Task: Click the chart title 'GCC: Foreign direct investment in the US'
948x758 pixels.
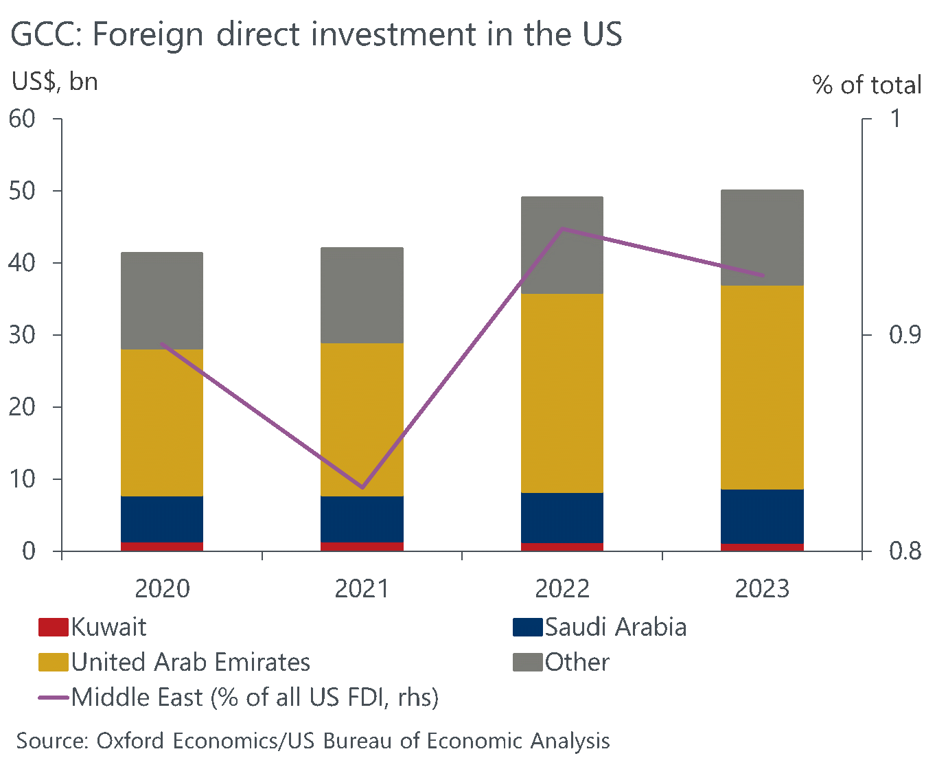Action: point(316,34)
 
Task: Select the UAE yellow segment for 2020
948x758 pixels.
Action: point(162,422)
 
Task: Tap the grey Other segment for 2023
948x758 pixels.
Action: point(762,238)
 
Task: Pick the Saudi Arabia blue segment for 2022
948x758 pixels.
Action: point(562,518)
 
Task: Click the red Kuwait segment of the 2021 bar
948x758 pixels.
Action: point(362,547)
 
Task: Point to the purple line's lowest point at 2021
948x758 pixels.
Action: point(362,487)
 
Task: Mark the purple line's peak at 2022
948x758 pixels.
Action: point(562,229)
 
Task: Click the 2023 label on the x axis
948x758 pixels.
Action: point(762,589)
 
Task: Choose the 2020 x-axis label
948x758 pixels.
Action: point(162,589)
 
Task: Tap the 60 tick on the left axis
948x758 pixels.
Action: point(22,119)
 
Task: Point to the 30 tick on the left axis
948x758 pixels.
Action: point(22,335)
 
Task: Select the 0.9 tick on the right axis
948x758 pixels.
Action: point(905,335)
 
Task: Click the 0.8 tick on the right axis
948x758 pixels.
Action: point(905,551)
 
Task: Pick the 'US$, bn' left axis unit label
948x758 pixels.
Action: point(55,82)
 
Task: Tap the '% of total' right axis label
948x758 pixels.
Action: point(866,85)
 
